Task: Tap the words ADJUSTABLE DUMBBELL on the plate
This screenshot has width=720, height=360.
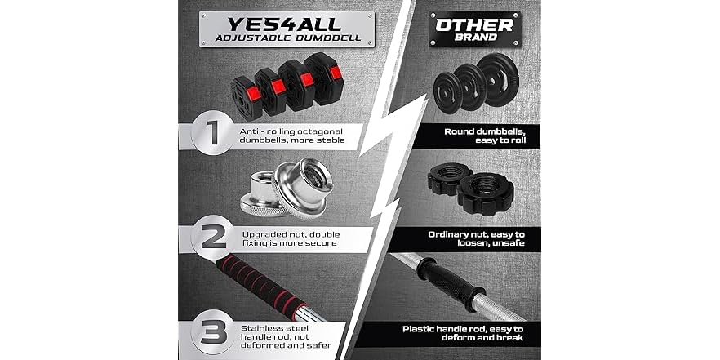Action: point(265,38)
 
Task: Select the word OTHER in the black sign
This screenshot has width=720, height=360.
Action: point(473,24)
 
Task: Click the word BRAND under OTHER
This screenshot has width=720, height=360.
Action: point(474,39)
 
